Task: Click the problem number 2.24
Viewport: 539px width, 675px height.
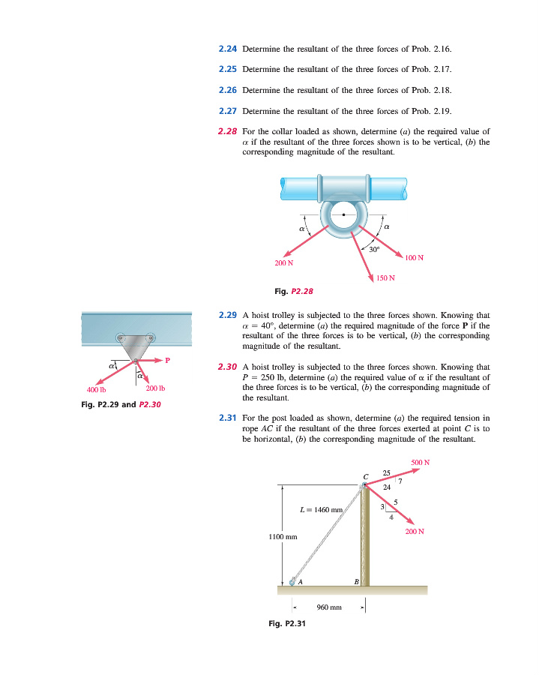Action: click(x=228, y=49)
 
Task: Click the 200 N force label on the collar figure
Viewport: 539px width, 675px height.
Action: click(x=283, y=262)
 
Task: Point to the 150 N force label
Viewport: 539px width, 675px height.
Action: click(x=386, y=279)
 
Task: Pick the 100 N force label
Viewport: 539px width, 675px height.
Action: click(x=415, y=258)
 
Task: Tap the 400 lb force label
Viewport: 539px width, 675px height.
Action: click(x=97, y=390)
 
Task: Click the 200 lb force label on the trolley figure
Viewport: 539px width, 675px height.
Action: click(x=155, y=388)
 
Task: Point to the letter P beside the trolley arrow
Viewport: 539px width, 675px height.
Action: click(x=168, y=360)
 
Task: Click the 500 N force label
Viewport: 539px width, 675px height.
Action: click(x=421, y=462)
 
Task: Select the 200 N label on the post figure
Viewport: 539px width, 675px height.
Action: click(x=415, y=532)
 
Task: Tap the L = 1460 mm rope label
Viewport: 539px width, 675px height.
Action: click(x=321, y=511)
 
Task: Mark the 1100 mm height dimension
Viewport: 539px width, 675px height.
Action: click(x=283, y=537)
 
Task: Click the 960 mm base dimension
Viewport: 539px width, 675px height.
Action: click(x=329, y=606)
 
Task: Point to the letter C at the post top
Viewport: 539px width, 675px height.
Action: click(x=367, y=476)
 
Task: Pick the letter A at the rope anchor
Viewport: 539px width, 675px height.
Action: click(x=299, y=581)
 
